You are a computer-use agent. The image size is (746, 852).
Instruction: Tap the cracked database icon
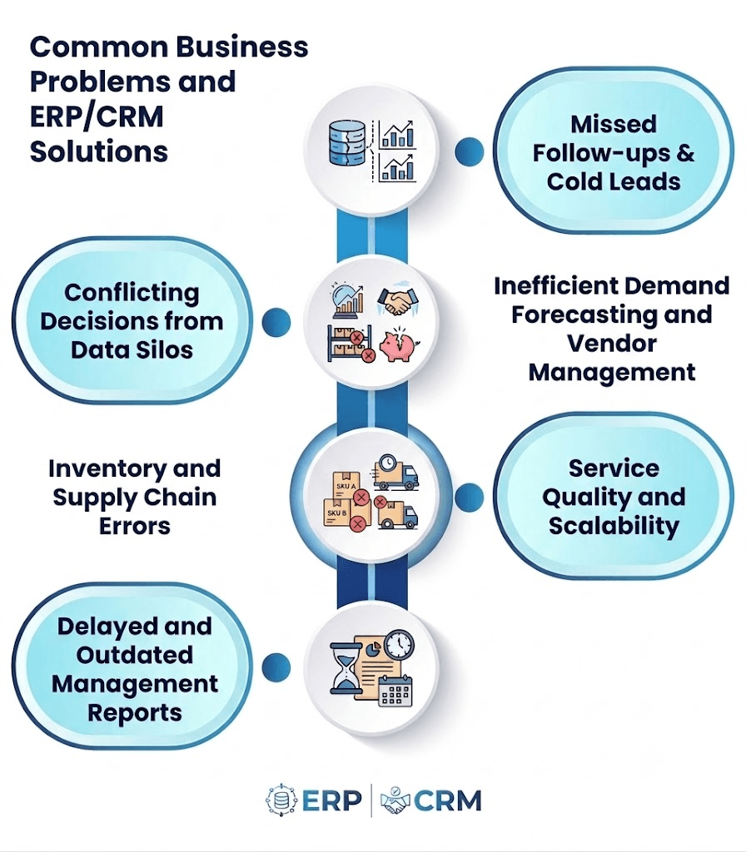(x=347, y=143)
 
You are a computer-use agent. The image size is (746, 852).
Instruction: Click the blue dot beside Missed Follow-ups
(x=469, y=151)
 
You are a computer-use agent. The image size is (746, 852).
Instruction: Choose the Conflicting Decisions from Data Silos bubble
(x=132, y=320)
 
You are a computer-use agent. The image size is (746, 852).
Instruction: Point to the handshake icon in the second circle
(x=398, y=301)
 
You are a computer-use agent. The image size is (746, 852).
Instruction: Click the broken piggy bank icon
(x=400, y=344)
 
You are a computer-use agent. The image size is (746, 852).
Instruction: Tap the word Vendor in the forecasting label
(x=612, y=344)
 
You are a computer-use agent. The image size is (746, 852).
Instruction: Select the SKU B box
(x=338, y=513)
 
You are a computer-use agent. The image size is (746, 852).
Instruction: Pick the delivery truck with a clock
(x=395, y=472)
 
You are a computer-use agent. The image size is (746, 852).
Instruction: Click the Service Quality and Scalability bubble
(x=614, y=496)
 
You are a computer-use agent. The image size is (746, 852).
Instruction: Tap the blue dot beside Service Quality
(x=469, y=497)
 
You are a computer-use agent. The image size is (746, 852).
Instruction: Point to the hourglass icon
(x=346, y=669)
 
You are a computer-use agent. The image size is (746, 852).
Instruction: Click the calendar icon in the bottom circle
(x=395, y=691)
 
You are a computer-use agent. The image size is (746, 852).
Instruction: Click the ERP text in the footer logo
(x=331, y=800)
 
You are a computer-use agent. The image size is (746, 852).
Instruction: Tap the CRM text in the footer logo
(x=447, y=800)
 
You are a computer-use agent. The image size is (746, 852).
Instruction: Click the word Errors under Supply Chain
(x=135, y=526)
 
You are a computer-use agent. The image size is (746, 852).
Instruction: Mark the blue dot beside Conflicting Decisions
(x=276, y=322)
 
